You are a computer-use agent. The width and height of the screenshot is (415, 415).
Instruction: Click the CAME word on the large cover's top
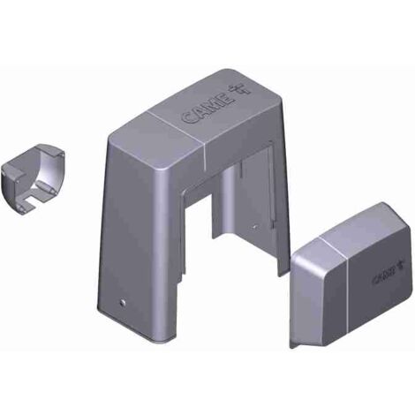tap(208, 109)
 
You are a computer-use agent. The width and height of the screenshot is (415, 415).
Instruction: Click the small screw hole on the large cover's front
tap(122, 303)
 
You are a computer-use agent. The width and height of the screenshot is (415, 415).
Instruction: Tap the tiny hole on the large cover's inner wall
tap(255, 227)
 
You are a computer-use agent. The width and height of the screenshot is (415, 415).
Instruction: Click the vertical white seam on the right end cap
tap(348, 293)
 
